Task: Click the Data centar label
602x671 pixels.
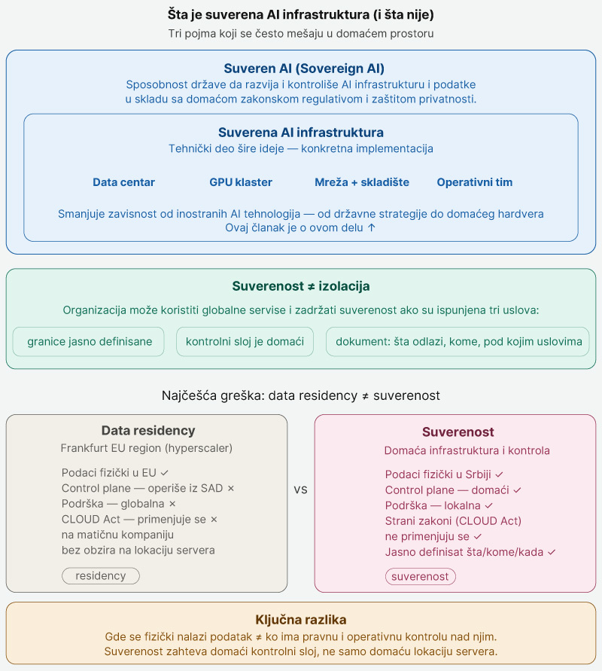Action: (x=123, y=182)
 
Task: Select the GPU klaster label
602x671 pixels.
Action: (x=241, y=182)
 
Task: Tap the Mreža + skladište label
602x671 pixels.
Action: (x=362, y=182)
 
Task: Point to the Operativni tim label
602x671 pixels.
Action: (x=475, y=182)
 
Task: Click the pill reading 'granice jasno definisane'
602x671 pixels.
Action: (x=89, y=341)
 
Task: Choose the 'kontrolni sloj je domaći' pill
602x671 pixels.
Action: (x=245, y=341)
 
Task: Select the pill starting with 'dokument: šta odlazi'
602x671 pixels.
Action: (x=458, y=341)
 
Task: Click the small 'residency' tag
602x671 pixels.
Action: (x=101, y=576)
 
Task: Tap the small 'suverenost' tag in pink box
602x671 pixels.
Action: (x=421, y=576)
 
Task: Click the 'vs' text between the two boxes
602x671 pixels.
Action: (x=300, y=490)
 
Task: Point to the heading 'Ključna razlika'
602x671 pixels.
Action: (x=301, y=620)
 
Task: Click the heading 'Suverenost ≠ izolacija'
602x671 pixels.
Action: (x=301, y=286)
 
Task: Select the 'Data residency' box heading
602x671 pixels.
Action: (x=148, y=431)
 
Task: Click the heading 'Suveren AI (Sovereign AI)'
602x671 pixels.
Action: (x=304, y=69)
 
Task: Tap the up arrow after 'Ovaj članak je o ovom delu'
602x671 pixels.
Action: (x=372, y=227)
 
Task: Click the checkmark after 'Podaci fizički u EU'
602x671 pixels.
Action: (x=164, y=473)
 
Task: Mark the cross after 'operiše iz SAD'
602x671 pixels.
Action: (x=231, y=488)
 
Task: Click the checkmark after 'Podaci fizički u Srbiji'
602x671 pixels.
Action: (x=499, y=474)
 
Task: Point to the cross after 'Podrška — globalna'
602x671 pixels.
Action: (x=172, y=504)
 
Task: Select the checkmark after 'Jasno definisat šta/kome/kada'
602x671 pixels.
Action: (x=552, y=553)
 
